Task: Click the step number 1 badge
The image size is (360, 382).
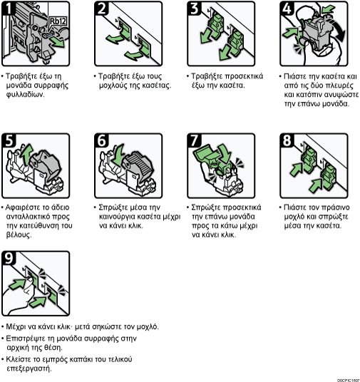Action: [8, 8]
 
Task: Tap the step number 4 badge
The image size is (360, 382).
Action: [287, 9]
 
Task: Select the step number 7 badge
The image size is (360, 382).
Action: [194, 140]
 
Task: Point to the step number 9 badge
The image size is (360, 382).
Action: [9, 258]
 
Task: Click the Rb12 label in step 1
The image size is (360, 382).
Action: [58, 21]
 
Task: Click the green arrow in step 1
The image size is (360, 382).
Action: [58, 42]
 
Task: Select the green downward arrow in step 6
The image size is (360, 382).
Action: [119, 154]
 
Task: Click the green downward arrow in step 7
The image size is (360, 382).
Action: [225, 153]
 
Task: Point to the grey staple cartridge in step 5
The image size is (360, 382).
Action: [45, 165]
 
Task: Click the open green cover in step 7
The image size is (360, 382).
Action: [207, 154]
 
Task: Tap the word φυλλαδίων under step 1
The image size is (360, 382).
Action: [26, 95]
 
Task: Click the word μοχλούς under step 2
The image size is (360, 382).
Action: [111, 86]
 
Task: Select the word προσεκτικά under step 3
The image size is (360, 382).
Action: [244, 76]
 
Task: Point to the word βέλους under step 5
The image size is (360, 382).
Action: [19, 235]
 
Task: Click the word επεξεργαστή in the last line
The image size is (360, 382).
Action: [29, 368]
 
